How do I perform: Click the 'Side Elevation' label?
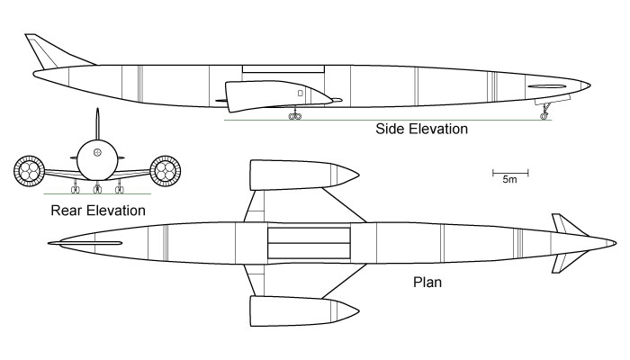(x=421, y=129)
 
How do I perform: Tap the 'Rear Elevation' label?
(x=98, y=211)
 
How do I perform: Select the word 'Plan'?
(x=427, y=282)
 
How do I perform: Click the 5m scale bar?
(x=510, y=173)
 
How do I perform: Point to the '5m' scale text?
(x=510, y=180)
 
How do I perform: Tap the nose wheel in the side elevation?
(x=544, y=116)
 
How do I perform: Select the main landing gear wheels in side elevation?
(x=295, y=116)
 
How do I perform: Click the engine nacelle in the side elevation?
(x=277, y=95)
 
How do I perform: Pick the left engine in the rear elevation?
(x=29, y=171)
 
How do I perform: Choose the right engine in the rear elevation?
(x=165, y=171)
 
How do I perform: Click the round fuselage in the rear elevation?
(x=97, y=160)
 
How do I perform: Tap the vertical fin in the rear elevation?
(x=97, y=124)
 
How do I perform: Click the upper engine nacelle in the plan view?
(x=303, y=175)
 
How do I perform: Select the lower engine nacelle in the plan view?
(x=303, y=311)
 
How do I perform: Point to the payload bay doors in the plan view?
(x=309, y=243)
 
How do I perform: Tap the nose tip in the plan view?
(x=616, y=243)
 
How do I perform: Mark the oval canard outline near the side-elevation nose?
(x=547, y=86)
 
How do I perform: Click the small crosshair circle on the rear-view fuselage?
(x=97, y=152)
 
